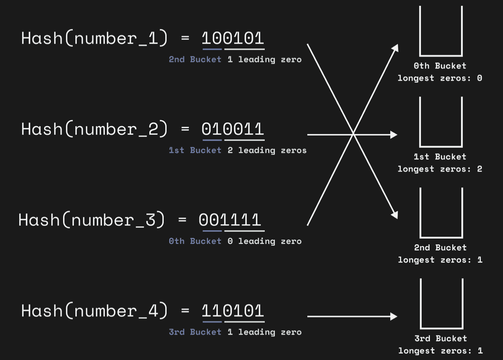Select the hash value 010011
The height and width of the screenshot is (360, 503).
[233, 129]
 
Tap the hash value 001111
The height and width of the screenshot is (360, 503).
[230, 220]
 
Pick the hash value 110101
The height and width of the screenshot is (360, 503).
[233, 311]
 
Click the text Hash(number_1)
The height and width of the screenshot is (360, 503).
[94, 38]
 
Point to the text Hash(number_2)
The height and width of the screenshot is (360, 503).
[94, 129]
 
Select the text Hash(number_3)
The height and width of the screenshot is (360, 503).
[92, 220]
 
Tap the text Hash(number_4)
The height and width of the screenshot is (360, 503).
[94, 311]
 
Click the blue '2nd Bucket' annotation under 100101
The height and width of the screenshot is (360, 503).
[195, 59]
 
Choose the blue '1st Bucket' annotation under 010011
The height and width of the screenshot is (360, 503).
[195, 150]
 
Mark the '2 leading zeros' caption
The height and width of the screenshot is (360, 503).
[267, 150]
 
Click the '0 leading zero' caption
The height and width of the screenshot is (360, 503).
[265, 241]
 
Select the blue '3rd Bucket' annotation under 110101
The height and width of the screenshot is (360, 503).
[195, 332]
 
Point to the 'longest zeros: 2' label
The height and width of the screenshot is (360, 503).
[440, 169]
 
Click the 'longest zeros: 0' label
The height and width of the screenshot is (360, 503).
[440, 78]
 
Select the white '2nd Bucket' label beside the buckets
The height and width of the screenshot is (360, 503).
[440, 248]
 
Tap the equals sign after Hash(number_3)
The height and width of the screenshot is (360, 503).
[182, 220]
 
